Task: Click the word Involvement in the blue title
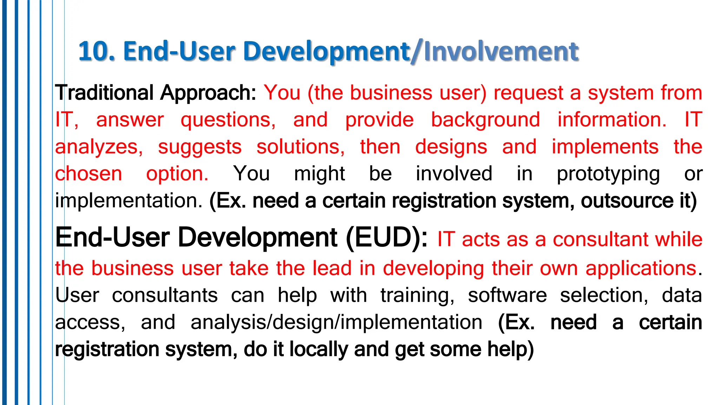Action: tap(501, 51)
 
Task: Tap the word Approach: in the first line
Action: tap(209, 93)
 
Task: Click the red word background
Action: tap(486, 120)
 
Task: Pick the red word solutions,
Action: tap(301, 147)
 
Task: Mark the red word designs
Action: tap(451, 147)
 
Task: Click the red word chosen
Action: tap(88, 174)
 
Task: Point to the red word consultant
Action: tap(601, 240)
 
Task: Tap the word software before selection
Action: tap(507, 295)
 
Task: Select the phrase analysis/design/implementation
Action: tap(336, 322)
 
